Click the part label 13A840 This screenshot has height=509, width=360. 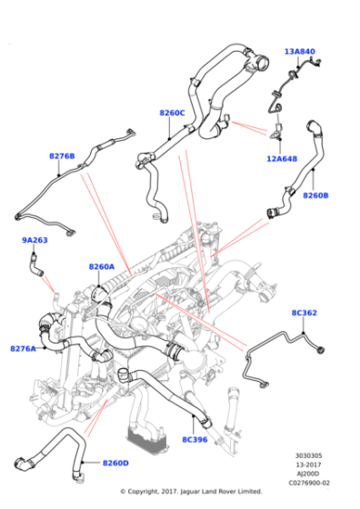coord(299,52)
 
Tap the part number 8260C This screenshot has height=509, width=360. coord(172,113)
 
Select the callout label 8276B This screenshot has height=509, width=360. coord(62,155)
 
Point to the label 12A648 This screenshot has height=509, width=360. coord(281,158)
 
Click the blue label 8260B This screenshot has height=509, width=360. coord(315,195)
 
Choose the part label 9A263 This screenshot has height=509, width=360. coord(35,240)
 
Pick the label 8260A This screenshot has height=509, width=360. coord(102,266)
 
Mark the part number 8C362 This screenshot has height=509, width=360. coord(304,313)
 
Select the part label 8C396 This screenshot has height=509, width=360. coord(195,439)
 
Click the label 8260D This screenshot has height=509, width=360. coord(115,463)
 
